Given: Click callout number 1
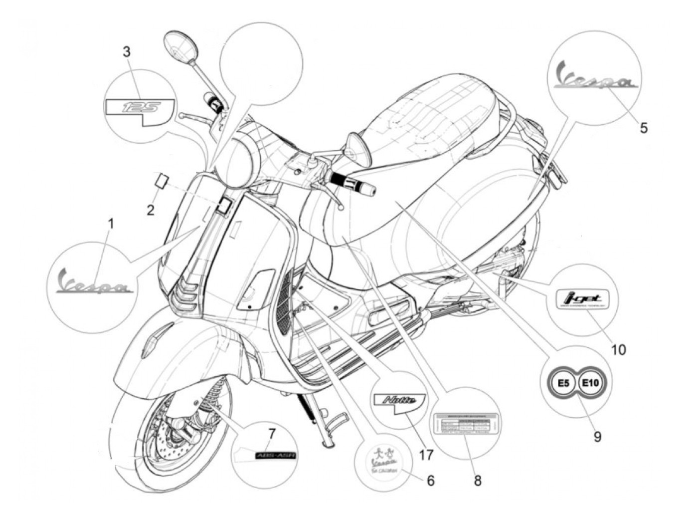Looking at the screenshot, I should coord(111,224).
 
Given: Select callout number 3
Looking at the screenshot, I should coord(127,51).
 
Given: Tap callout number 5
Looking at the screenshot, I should coord(644,128).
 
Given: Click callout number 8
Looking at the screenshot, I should coord(478,481).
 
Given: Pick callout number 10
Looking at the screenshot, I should coord(618,349).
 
